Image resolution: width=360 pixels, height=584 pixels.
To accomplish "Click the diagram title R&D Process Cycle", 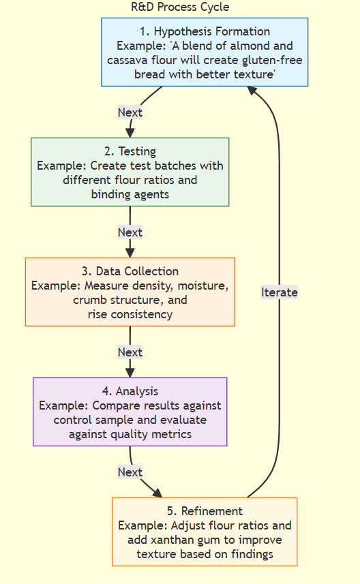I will [x=180, y=7].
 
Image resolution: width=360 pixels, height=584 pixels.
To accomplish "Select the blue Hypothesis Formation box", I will [x=205, y=52].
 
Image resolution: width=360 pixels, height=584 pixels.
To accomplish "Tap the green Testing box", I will [x=130, y=172].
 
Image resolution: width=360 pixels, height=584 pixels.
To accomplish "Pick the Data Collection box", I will [x=130, y=292].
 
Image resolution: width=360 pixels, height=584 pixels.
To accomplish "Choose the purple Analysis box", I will [x=130, y=412].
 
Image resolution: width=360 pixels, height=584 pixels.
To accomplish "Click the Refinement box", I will [x=205, y=532].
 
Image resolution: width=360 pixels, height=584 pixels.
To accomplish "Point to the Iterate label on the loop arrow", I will [x=280, y=292].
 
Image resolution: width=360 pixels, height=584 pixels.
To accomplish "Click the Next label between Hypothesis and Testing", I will [x=130, y=112].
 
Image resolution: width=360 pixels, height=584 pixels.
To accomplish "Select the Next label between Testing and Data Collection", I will [x=130, y=232].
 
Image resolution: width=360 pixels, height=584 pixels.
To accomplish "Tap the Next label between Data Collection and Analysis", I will [x=130, y=352].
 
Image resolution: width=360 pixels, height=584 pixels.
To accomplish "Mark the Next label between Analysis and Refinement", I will [x=130, y=472].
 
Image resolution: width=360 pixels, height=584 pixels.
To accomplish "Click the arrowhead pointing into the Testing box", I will [x=130, y=132].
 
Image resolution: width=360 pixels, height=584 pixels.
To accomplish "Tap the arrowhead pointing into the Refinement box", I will [x=158, y=493].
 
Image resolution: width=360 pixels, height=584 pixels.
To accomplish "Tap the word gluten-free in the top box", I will [x=273, y=60].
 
